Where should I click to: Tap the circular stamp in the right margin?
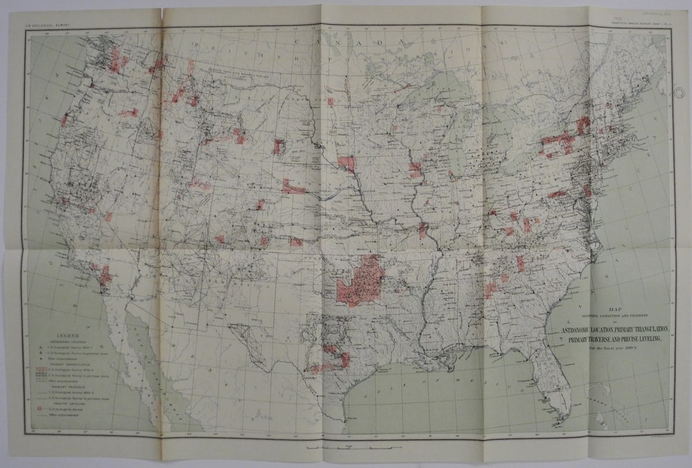(x=680, y=92)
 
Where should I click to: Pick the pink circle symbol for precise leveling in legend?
(x=42, y=409)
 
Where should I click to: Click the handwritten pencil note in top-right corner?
(x=654, y=11)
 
